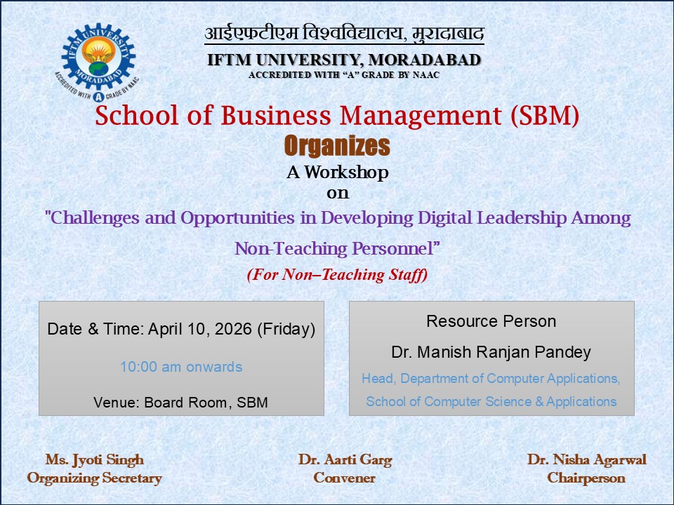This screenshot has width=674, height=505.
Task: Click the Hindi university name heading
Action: (x=344, y=33)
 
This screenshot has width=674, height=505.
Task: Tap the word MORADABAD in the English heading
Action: (x=425, y=60)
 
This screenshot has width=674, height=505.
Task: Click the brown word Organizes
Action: (x=337, y=146)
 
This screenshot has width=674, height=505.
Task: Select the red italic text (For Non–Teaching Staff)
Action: (x=337, y=275)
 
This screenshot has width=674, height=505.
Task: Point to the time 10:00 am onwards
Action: (x=181, y=367)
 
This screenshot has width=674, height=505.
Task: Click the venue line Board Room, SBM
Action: (x=181, y=403)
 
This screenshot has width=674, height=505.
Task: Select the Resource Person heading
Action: (x=491, y=321)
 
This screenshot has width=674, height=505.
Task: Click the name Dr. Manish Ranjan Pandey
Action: (x=491, y=352)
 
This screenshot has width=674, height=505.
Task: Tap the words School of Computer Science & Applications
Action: (x=491, y=402)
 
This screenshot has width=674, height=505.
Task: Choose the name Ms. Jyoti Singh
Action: (x=94, y=460)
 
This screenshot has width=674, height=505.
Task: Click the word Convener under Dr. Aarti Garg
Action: (x=345, y=478)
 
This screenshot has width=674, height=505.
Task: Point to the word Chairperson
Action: (x=586, y=478)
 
